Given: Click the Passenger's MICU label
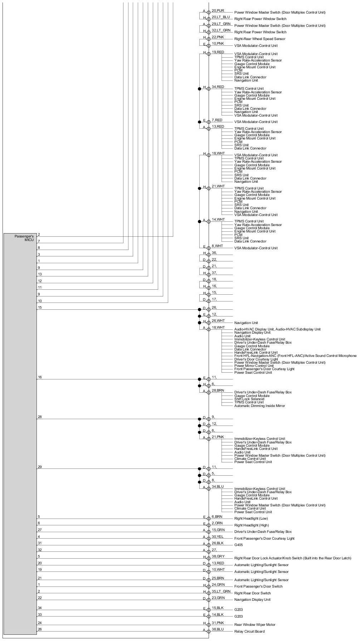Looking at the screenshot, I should coord(24,238).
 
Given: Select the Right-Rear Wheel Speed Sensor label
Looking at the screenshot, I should coord(259,39).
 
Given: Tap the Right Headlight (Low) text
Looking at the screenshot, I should coord(251,519).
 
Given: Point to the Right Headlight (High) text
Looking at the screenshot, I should coord(251,525).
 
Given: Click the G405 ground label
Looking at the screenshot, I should coord(238,545).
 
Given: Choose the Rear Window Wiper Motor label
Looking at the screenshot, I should coord(255,625).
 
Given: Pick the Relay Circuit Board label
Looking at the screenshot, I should coord(249,632).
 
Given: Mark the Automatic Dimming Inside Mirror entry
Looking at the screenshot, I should coord(259,406).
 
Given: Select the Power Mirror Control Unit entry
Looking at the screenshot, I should coord(254,366).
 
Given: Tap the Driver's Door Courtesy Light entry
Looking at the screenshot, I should coord(256,359).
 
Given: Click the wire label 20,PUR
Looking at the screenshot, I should coord(218,11).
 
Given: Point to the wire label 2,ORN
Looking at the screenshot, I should coord(217,523).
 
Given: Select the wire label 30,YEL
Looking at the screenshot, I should coord(218,536).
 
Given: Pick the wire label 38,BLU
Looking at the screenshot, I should coord(218,629).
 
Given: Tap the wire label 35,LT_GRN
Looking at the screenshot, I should coord(221,591).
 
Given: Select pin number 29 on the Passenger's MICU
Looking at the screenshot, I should coord(40,467).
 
